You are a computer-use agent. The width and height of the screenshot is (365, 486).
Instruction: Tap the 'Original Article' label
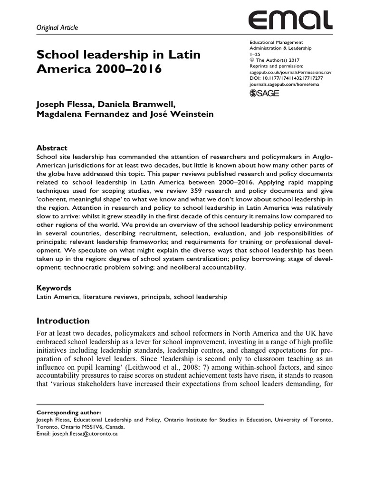click(x=57, y=28)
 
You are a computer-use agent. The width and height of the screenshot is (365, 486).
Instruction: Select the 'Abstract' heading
click(x=52, y=148)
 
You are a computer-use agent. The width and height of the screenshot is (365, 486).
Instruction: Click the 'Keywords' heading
click(x=54, y=288)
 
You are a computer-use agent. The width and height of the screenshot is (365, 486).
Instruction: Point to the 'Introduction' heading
click(x=63, y=320)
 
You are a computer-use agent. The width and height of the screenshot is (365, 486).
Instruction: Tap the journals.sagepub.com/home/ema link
click(x=287, y=84)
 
